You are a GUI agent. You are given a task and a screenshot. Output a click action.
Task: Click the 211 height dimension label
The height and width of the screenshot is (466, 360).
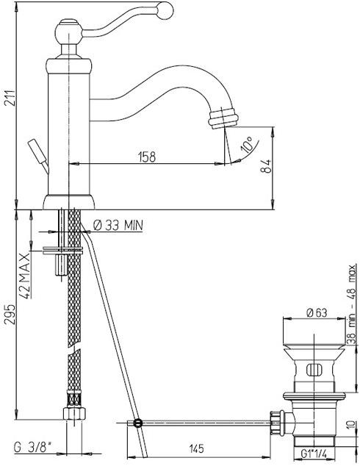(10, 98)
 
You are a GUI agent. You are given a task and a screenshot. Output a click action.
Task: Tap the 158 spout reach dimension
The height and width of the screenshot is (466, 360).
(147, 157)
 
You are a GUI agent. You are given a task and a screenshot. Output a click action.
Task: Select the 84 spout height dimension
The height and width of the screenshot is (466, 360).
(266, 166)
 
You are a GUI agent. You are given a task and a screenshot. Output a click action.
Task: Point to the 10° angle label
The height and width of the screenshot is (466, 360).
(247, 145)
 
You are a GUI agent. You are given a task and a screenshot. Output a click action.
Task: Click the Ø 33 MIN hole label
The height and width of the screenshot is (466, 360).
(118, 226)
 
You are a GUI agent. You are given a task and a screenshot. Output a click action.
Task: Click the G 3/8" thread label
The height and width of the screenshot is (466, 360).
(32, 448)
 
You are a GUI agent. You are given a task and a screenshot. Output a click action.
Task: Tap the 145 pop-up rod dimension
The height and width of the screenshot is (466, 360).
(196, 449)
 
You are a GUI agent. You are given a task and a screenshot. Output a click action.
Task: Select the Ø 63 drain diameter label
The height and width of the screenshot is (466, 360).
(317, 312)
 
